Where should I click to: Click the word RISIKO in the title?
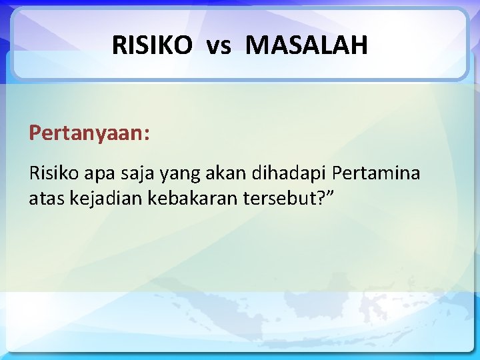(151, 45)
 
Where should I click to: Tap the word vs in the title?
(219, 46)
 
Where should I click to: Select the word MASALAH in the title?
(306, 45)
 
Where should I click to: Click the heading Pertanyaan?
(89, 133)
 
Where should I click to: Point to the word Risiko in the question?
(52, 174)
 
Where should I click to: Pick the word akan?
(227, 174)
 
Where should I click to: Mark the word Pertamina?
(376, 174)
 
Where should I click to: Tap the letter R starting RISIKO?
(118, 45)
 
